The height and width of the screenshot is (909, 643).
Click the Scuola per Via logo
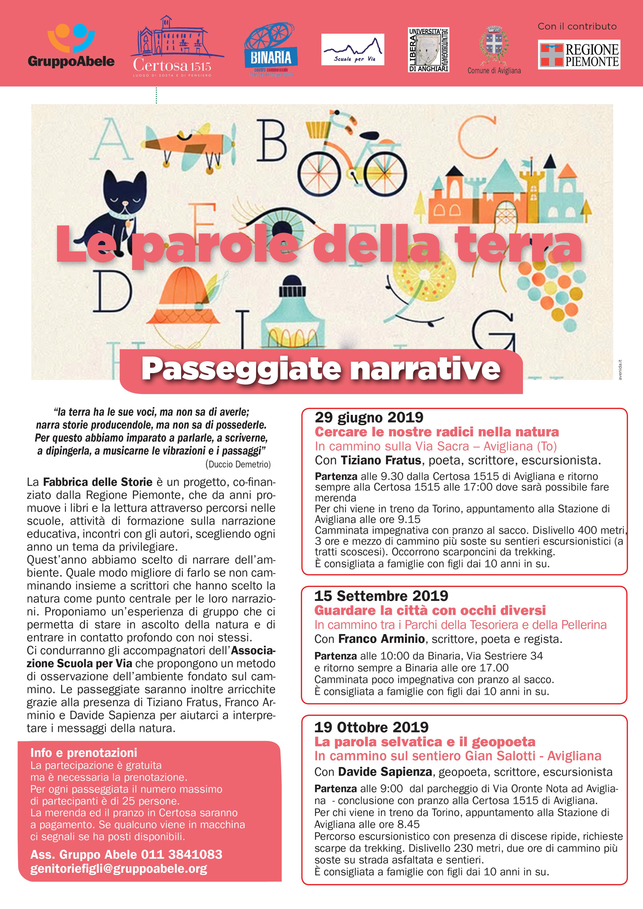click(352, 49)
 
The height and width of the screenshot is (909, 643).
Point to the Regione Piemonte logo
click(579, 55)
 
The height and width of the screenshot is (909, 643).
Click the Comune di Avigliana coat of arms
click(494, 44)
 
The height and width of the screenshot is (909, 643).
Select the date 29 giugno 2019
click(369, 417)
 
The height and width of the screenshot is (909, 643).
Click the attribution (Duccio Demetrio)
click(238, 464)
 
